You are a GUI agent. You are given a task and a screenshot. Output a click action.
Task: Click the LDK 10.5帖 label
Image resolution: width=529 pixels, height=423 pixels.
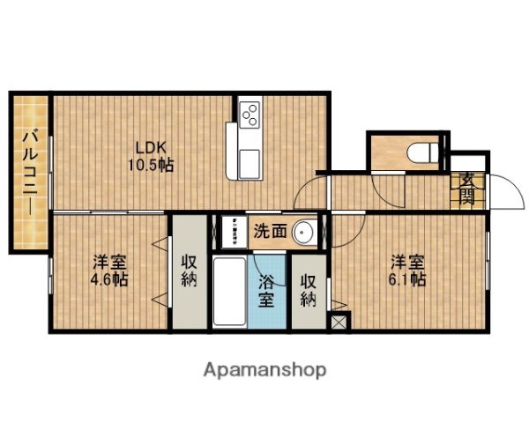click(x=153, y=155)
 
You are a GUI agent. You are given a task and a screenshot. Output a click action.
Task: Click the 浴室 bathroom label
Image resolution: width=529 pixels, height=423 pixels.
click(x=267, y=290)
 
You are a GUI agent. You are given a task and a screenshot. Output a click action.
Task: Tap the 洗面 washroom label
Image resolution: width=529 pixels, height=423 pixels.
click(x=270, y=232)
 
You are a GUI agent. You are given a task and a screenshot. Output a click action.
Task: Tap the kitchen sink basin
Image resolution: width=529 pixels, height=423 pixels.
click(x=250, y=163)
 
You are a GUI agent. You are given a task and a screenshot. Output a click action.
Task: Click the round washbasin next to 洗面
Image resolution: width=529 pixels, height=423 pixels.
click(x=305, y=232)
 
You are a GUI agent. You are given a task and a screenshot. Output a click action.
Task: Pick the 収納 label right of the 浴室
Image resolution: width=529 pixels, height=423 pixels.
click(x=308, y=290)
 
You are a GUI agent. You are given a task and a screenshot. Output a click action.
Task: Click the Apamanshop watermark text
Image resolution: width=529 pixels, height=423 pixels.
click(x=265, y=369)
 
